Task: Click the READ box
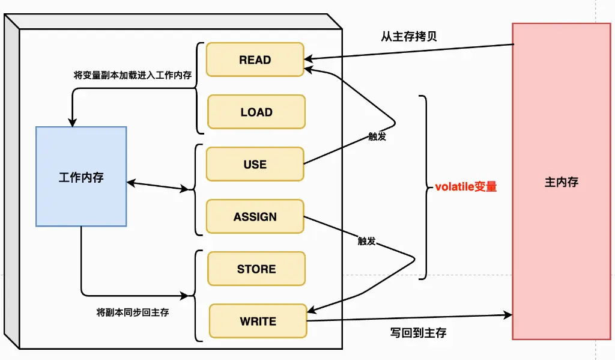pyautogui.click(x=255, y=59)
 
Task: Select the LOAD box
pyautogui.click(x=256, y=112)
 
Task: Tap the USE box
pyautogui.click(x=255, y=164)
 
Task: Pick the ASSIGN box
pyautogui.click(x=255, y=216)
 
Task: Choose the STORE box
pyautogui.click(x=256, y=269)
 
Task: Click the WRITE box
pyautogui.click(x=258, y=321)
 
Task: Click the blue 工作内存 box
pyautogui.click(x=81, y=177)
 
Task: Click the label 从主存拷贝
pyautogui.click(x=408, y=36)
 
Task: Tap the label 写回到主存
pyautogui.click(x=418, y=332)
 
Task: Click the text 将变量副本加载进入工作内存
pyautogui.click(x=132, y=76)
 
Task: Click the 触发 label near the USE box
pyautogui.click(x=377, y=137)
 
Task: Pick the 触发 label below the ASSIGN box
pyautogui.click(x=366, y=241)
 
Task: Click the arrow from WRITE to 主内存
pyautogui.click(x=408, y=318)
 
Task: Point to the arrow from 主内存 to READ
pyautogui.click(x=408, y=52)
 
